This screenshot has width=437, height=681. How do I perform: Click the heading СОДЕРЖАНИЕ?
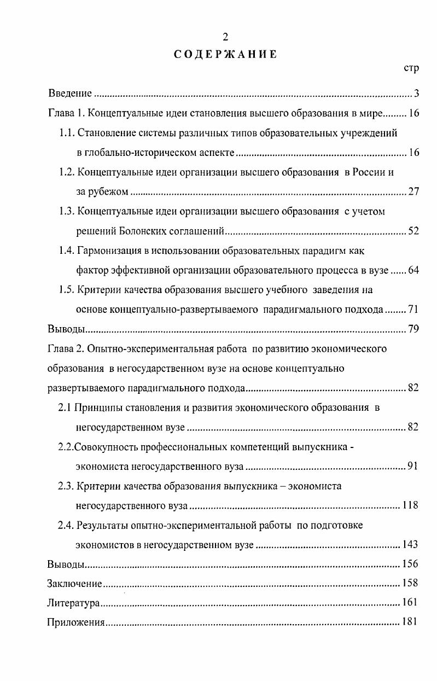pyautogui.click(x=225, y=54)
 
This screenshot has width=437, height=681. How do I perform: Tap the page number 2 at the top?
pyautogui.click(x=225, y=37)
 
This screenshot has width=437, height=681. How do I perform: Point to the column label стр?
pyautogui.click(x=411, y=68)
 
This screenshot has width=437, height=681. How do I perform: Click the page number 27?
pyautogui.click(x=413, y=191)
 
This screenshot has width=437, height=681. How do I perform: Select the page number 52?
pyautogui.click(x=413, y=231)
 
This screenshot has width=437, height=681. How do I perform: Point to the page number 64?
pyautogui.click(x=413, y=271)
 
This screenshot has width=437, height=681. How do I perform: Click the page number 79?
pyautogui.click(x=413, y=329)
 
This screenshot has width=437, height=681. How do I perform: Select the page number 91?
pyautogui.click(x=413, y=467)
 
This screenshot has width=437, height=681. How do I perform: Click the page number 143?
pyautogui.click(x=410, y=545)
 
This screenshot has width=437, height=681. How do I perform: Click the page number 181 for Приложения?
pyautogui.click(x=410, y=622)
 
